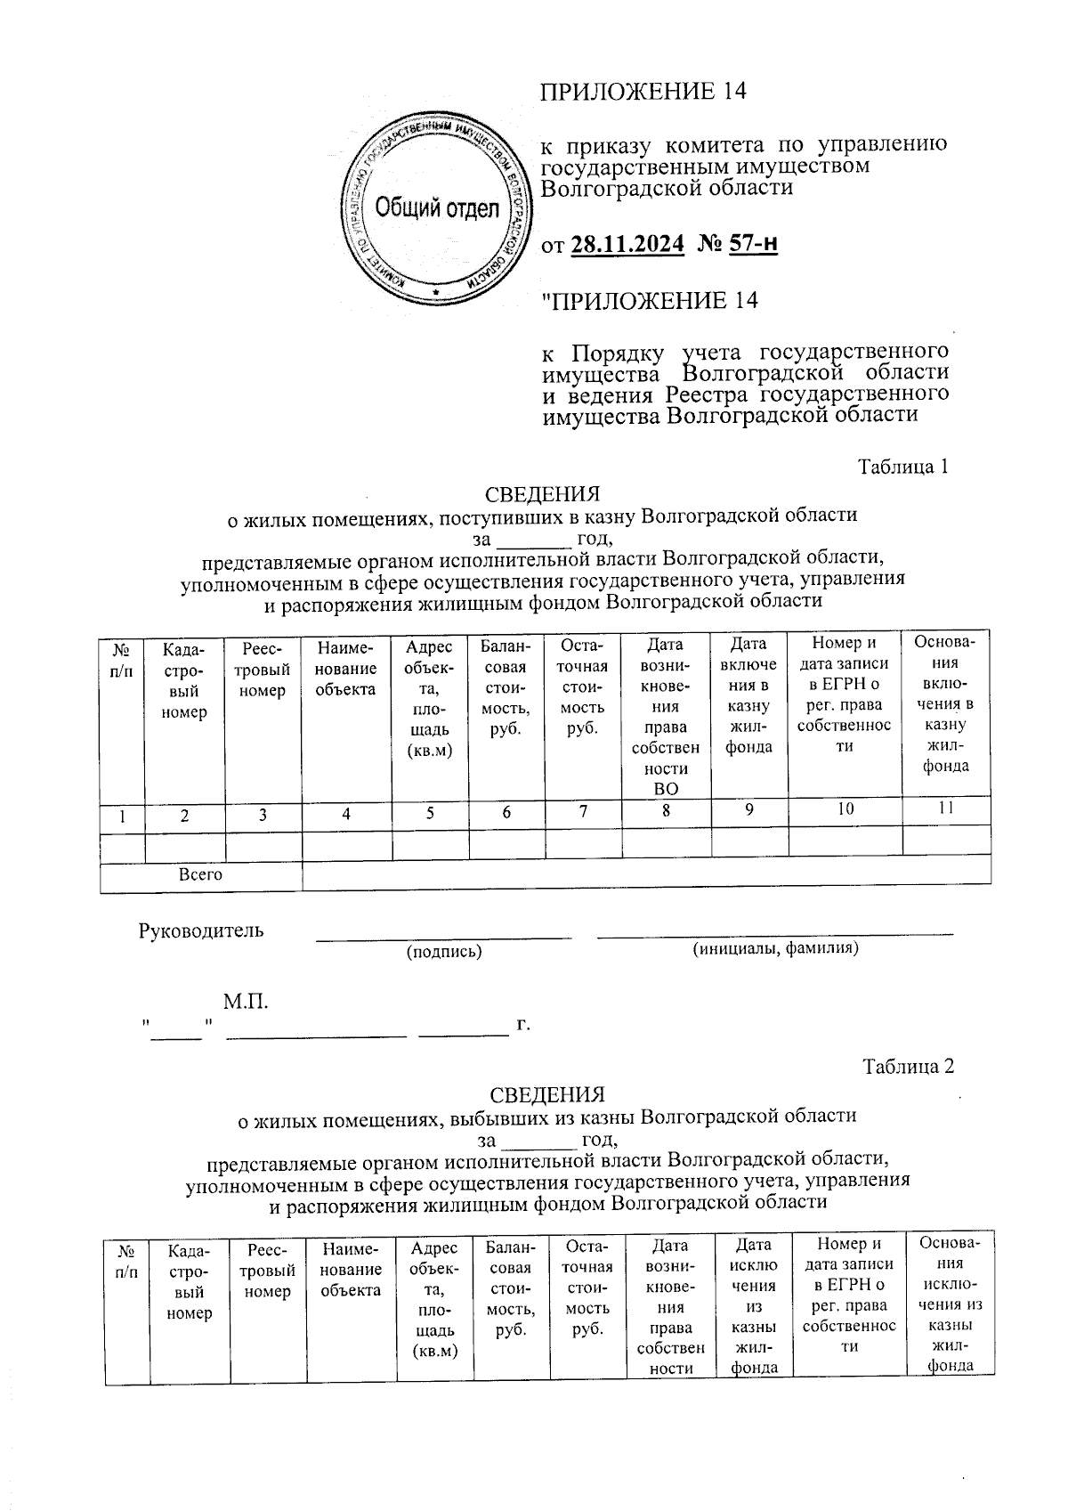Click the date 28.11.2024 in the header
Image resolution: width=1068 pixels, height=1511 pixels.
[x=627, y=242]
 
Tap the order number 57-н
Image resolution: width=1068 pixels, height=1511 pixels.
[x=753, y=242]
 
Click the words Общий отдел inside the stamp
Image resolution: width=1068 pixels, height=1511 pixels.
[x=436, y=209]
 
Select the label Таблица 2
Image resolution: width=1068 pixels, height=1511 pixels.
[x=908, y=1067]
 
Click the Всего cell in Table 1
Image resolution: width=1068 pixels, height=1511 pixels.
[x=200, y=875]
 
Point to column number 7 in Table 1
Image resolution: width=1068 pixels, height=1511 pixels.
[x=583, y=811]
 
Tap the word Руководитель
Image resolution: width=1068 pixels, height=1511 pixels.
[x=201, y=931]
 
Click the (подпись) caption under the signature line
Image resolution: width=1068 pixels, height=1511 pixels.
[x=443, y=952]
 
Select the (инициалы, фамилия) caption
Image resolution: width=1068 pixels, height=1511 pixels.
[x=775, y=949]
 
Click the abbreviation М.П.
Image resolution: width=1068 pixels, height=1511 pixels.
[x=246, y=1003]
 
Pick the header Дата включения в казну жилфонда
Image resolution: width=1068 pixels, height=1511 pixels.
[x=748, y=695]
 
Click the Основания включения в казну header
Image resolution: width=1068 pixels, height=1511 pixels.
[x=946, y=703]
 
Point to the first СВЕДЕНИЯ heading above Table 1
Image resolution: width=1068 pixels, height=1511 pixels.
[x=542, y=494]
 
